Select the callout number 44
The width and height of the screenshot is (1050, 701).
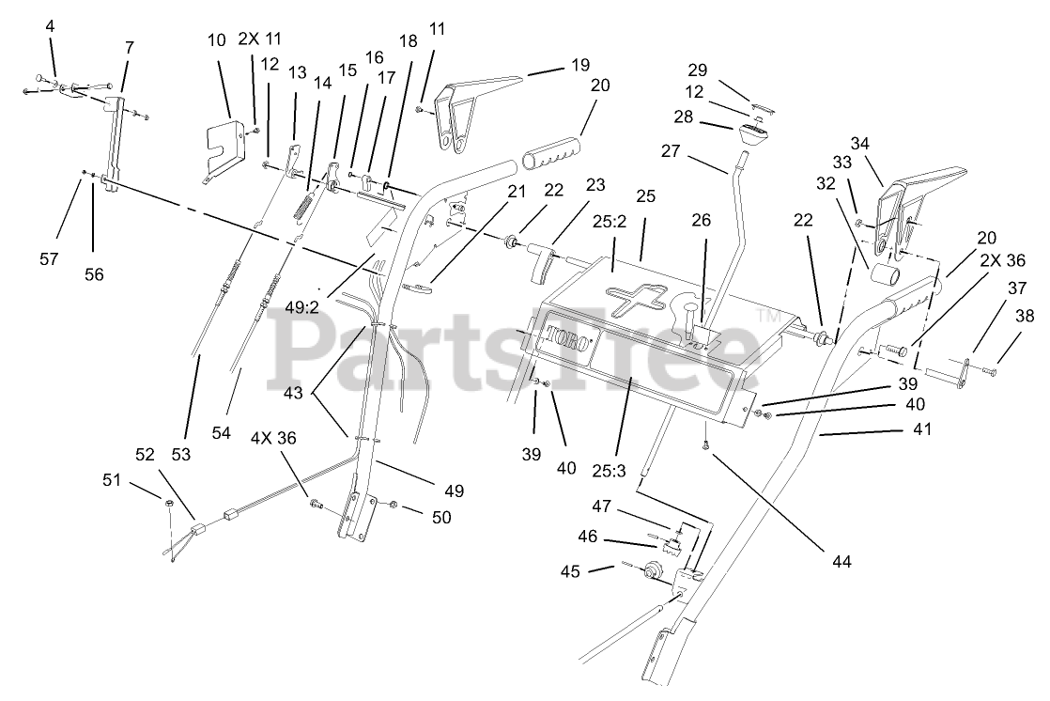pos(842,562)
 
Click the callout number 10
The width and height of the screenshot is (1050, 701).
pos(217,39)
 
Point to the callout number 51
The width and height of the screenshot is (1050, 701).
pos(113,480)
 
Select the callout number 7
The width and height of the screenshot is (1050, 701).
pos(128,47)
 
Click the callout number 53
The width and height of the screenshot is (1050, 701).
pos(180,455)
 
